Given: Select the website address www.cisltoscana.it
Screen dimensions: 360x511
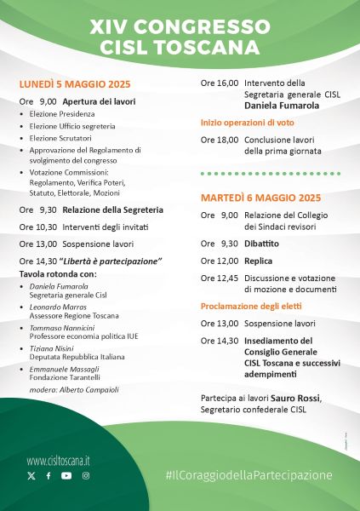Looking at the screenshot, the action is pyautogui.click(x=59, y=460).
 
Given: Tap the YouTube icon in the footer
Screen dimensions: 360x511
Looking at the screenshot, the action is pyautogui.click(x=66, y=476).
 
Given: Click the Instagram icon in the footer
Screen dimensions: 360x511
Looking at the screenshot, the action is pyautogui.click(x=86, y=476).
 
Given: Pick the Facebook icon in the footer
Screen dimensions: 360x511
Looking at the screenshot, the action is pyautogui.click(x=49, y=476).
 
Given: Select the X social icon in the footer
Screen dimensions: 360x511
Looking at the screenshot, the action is pyautogui.click(x=31, y=476).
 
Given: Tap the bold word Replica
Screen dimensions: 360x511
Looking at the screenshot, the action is pyautogui.click(x=258, y=261).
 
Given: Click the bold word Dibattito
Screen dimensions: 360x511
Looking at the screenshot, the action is pyautogui.click(x=262, y=243).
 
